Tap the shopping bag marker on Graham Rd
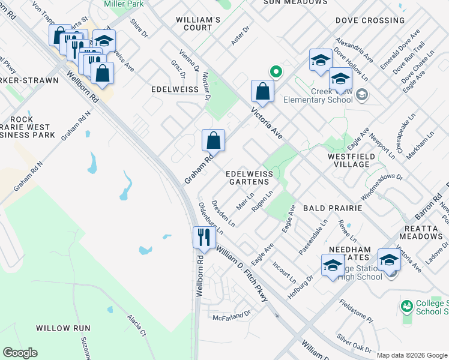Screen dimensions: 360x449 (214, 140)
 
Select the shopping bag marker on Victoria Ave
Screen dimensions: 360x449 (263, 91)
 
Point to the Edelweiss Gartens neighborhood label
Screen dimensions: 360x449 (249, 178)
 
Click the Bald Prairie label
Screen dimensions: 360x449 (332, 208)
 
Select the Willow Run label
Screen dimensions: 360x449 (62, 328)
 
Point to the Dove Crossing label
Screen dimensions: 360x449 (370, 20)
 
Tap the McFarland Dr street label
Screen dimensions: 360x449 (231, 314)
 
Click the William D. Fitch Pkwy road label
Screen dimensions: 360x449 (242, 274)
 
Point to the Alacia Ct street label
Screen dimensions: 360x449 (136, 325)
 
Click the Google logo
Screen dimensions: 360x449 (20, 353)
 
